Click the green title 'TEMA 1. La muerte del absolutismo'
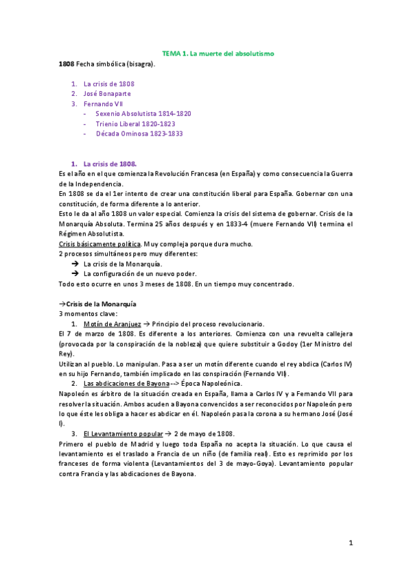tap(218, 53)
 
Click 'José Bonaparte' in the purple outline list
tap(107, 93)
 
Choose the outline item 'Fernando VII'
tap(104, 103)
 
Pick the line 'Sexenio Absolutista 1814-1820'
tap(143, 114)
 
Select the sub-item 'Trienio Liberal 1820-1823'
tap(135, 124)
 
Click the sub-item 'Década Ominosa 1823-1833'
tap(139, 134)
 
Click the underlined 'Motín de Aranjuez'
tap(112, 324)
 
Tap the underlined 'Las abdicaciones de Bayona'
tap(126, 384)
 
